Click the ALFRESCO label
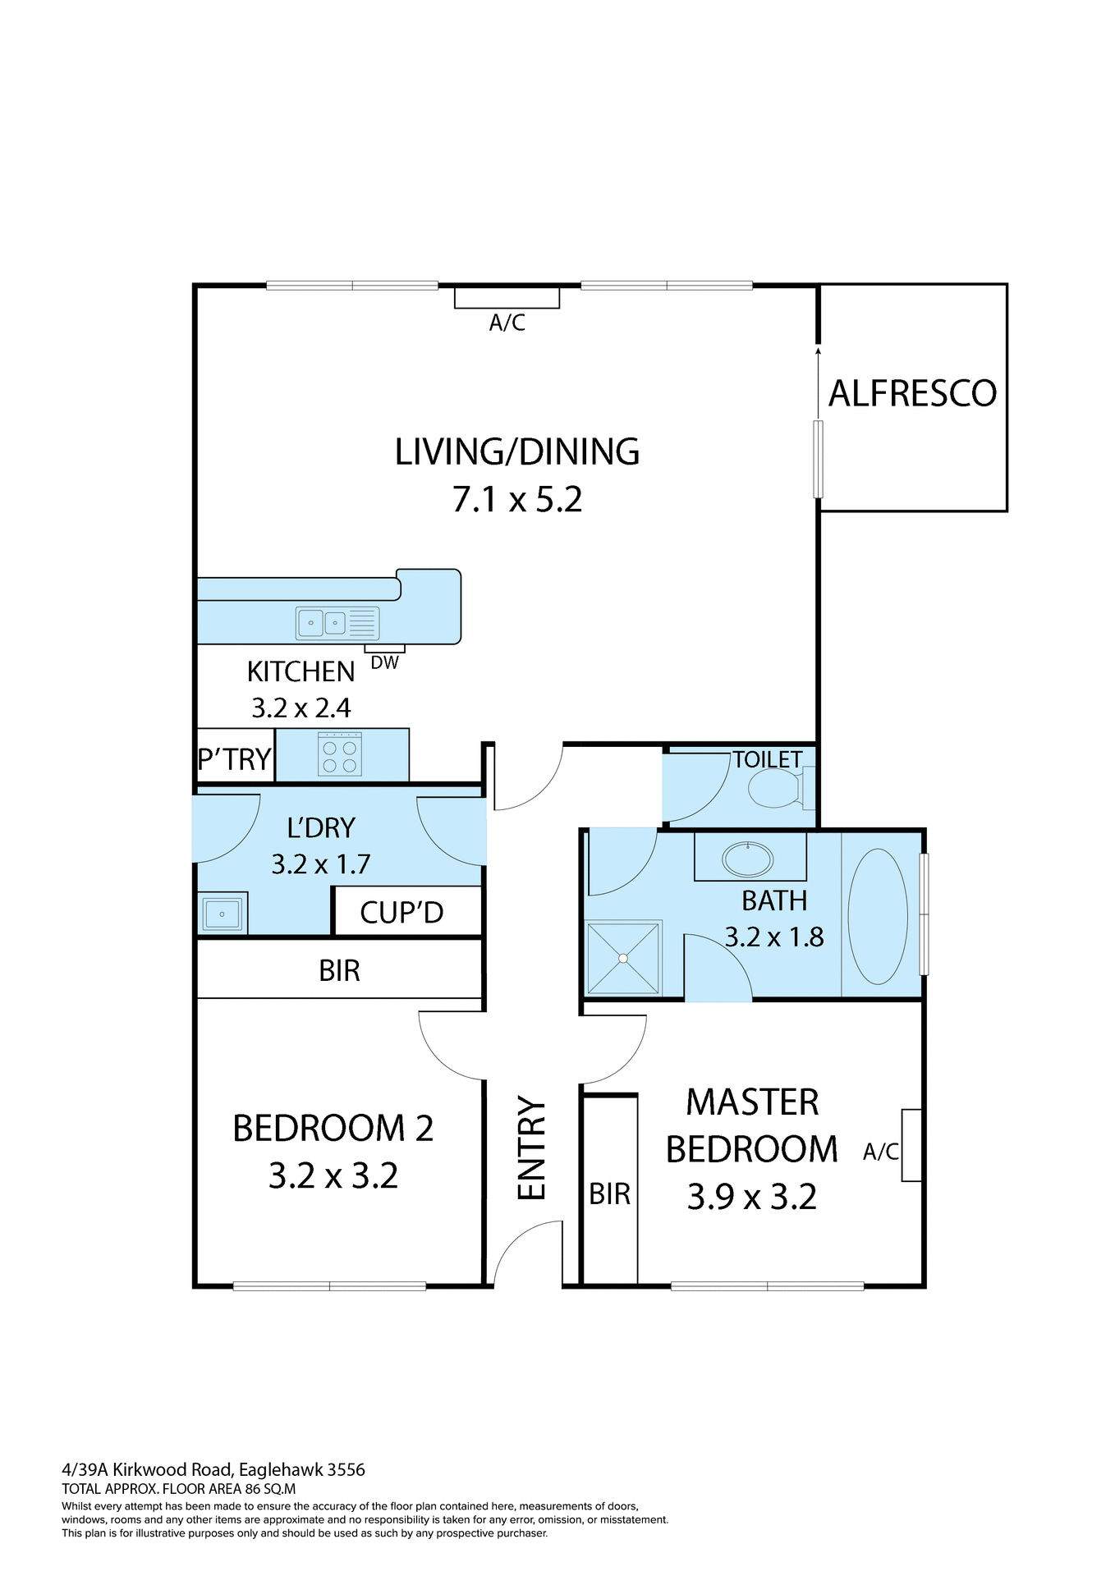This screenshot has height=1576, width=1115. tap(912, 393)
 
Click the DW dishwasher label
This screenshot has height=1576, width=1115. tap(384, 662)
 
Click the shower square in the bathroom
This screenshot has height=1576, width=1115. tap(624, 957)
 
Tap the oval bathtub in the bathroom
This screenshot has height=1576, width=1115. tap(878, 916)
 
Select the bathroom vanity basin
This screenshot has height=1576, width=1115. tap(747, 859)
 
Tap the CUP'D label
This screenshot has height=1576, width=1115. tap(401, 913)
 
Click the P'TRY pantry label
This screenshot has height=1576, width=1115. tap(235, 759)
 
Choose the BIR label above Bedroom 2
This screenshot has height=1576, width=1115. tap(339, 971)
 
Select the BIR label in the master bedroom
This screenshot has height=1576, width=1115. tap(609, 1194)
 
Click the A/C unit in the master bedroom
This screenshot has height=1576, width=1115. tap(911, 1145)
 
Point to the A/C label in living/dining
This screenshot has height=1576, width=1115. tap(507, 323)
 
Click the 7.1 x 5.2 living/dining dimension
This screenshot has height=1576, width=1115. tap(517, 499)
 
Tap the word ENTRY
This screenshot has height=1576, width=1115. tap(532, 1148)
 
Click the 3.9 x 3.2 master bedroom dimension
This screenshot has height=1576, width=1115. tap(751, 1197)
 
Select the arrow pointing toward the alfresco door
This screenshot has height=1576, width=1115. tap(818, 382)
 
